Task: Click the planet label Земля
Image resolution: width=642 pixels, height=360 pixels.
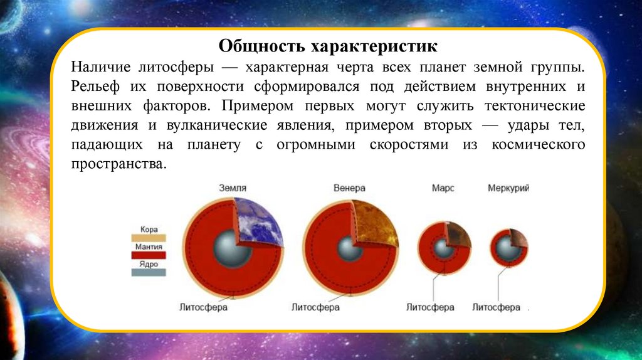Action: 233,188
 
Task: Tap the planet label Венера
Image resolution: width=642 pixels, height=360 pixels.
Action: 349,188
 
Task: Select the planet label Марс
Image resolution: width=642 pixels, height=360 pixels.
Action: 443,188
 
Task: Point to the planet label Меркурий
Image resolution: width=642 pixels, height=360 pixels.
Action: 508,188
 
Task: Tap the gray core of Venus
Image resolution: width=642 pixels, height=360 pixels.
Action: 349,248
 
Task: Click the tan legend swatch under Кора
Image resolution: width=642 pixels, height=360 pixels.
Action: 149,238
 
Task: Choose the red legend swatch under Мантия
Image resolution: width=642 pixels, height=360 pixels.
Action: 149,255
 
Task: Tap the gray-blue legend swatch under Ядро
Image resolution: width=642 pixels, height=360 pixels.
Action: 149,272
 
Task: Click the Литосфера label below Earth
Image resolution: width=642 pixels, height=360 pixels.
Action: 204,307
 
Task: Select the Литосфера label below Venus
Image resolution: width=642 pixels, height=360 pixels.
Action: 316,307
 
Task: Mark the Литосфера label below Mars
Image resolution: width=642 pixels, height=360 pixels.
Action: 430,307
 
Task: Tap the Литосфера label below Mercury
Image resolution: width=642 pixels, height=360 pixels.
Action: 497,307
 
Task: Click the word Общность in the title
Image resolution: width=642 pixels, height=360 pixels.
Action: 261,45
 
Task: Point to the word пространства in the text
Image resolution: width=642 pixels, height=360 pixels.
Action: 119,164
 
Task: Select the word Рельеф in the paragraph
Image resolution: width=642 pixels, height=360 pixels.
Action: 95,87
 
